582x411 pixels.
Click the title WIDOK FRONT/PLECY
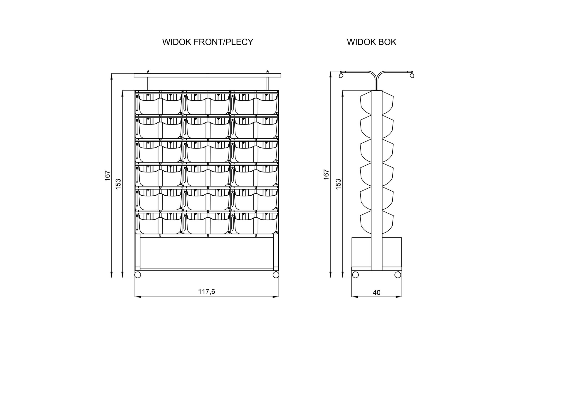[x=208, y=42]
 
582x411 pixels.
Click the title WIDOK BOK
[x=371, y=42]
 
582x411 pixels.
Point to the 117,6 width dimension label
[x=206, y=292]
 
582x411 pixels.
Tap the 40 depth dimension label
[x=376, y=293]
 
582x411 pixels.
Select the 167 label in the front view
[x=108, y=176]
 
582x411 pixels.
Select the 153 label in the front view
[x=118, y=184]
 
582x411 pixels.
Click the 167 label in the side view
[x=326, y=175]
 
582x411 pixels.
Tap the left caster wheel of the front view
[x=138, y=275]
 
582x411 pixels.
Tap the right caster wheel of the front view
[x=276, y=275]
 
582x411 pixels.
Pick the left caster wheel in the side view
[x=355, y=274]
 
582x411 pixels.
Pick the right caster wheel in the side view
[x=398, y=274]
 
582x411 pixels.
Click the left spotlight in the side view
[x=341, y=75]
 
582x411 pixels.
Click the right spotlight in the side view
[x=412, y=75]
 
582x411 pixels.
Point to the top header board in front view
[x=207, y=75]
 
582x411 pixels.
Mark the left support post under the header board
[x=148, y=83]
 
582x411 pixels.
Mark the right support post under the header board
[x=267, y=83]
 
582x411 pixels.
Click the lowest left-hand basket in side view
[x=366, y=222]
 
